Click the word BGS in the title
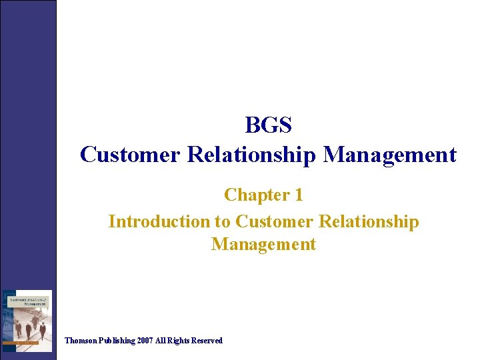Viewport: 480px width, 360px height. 268,125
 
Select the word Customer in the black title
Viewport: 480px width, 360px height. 130,155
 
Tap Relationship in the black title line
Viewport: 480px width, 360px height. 252,155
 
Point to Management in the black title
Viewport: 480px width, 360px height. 390,155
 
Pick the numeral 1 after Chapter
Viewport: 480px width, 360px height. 298,195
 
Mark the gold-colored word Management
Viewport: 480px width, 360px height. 263,244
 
